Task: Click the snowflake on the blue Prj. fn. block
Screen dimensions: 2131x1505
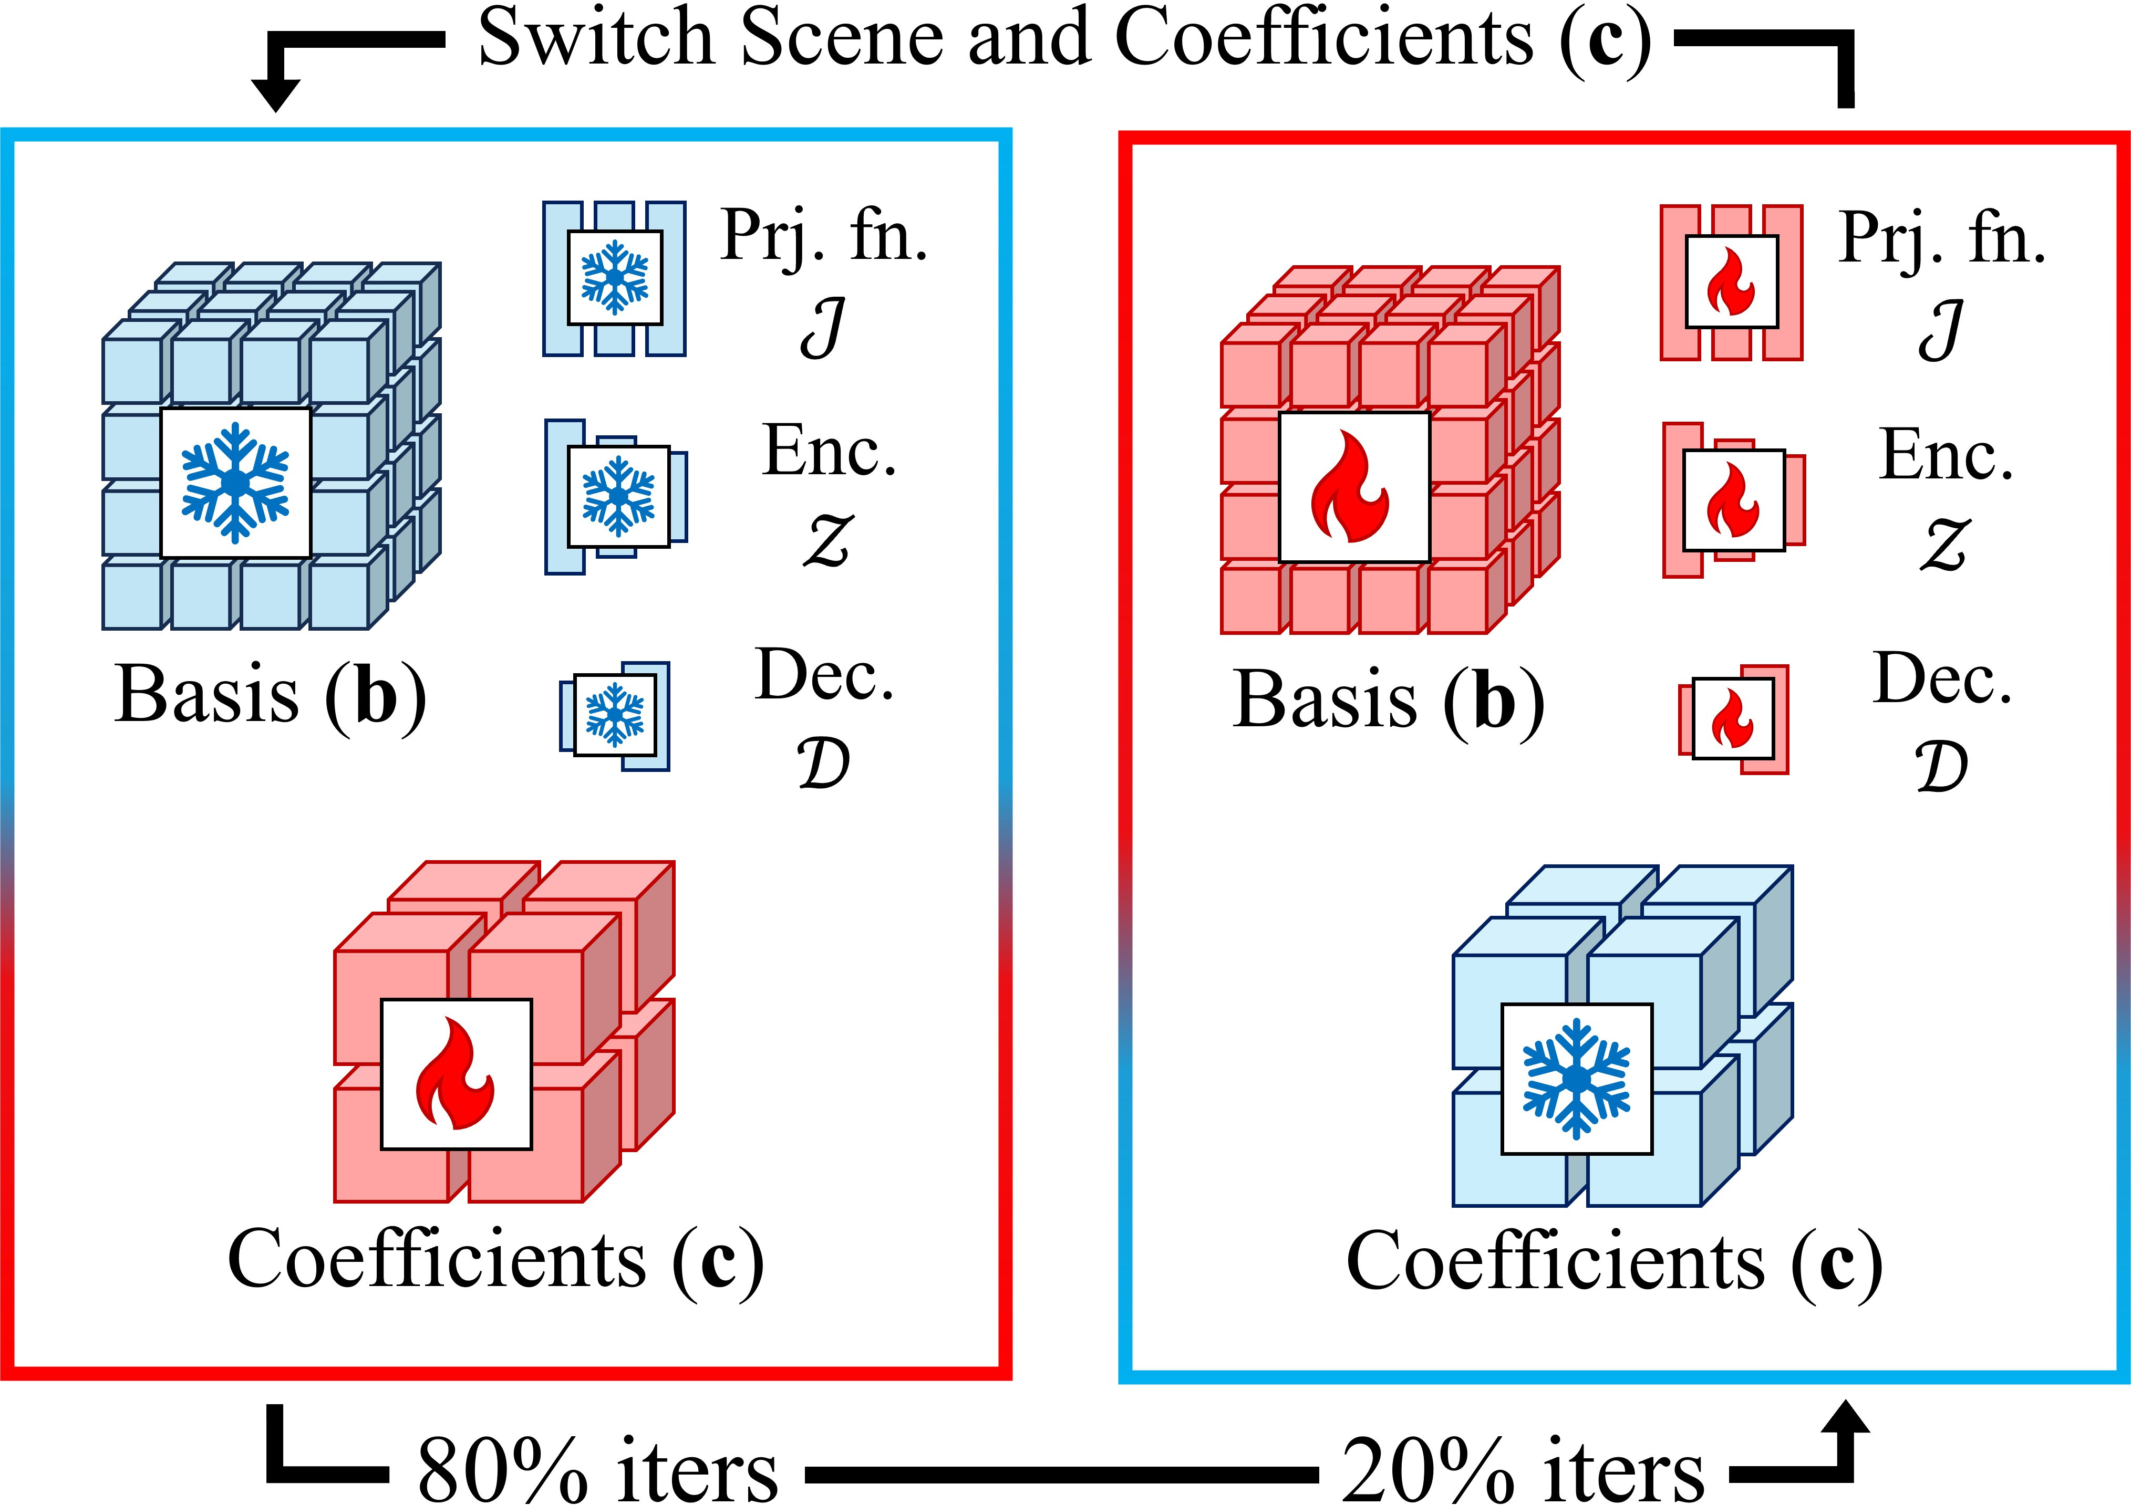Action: pos(614,277)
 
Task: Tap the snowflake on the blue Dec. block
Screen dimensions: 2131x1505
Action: pos(614,715)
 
